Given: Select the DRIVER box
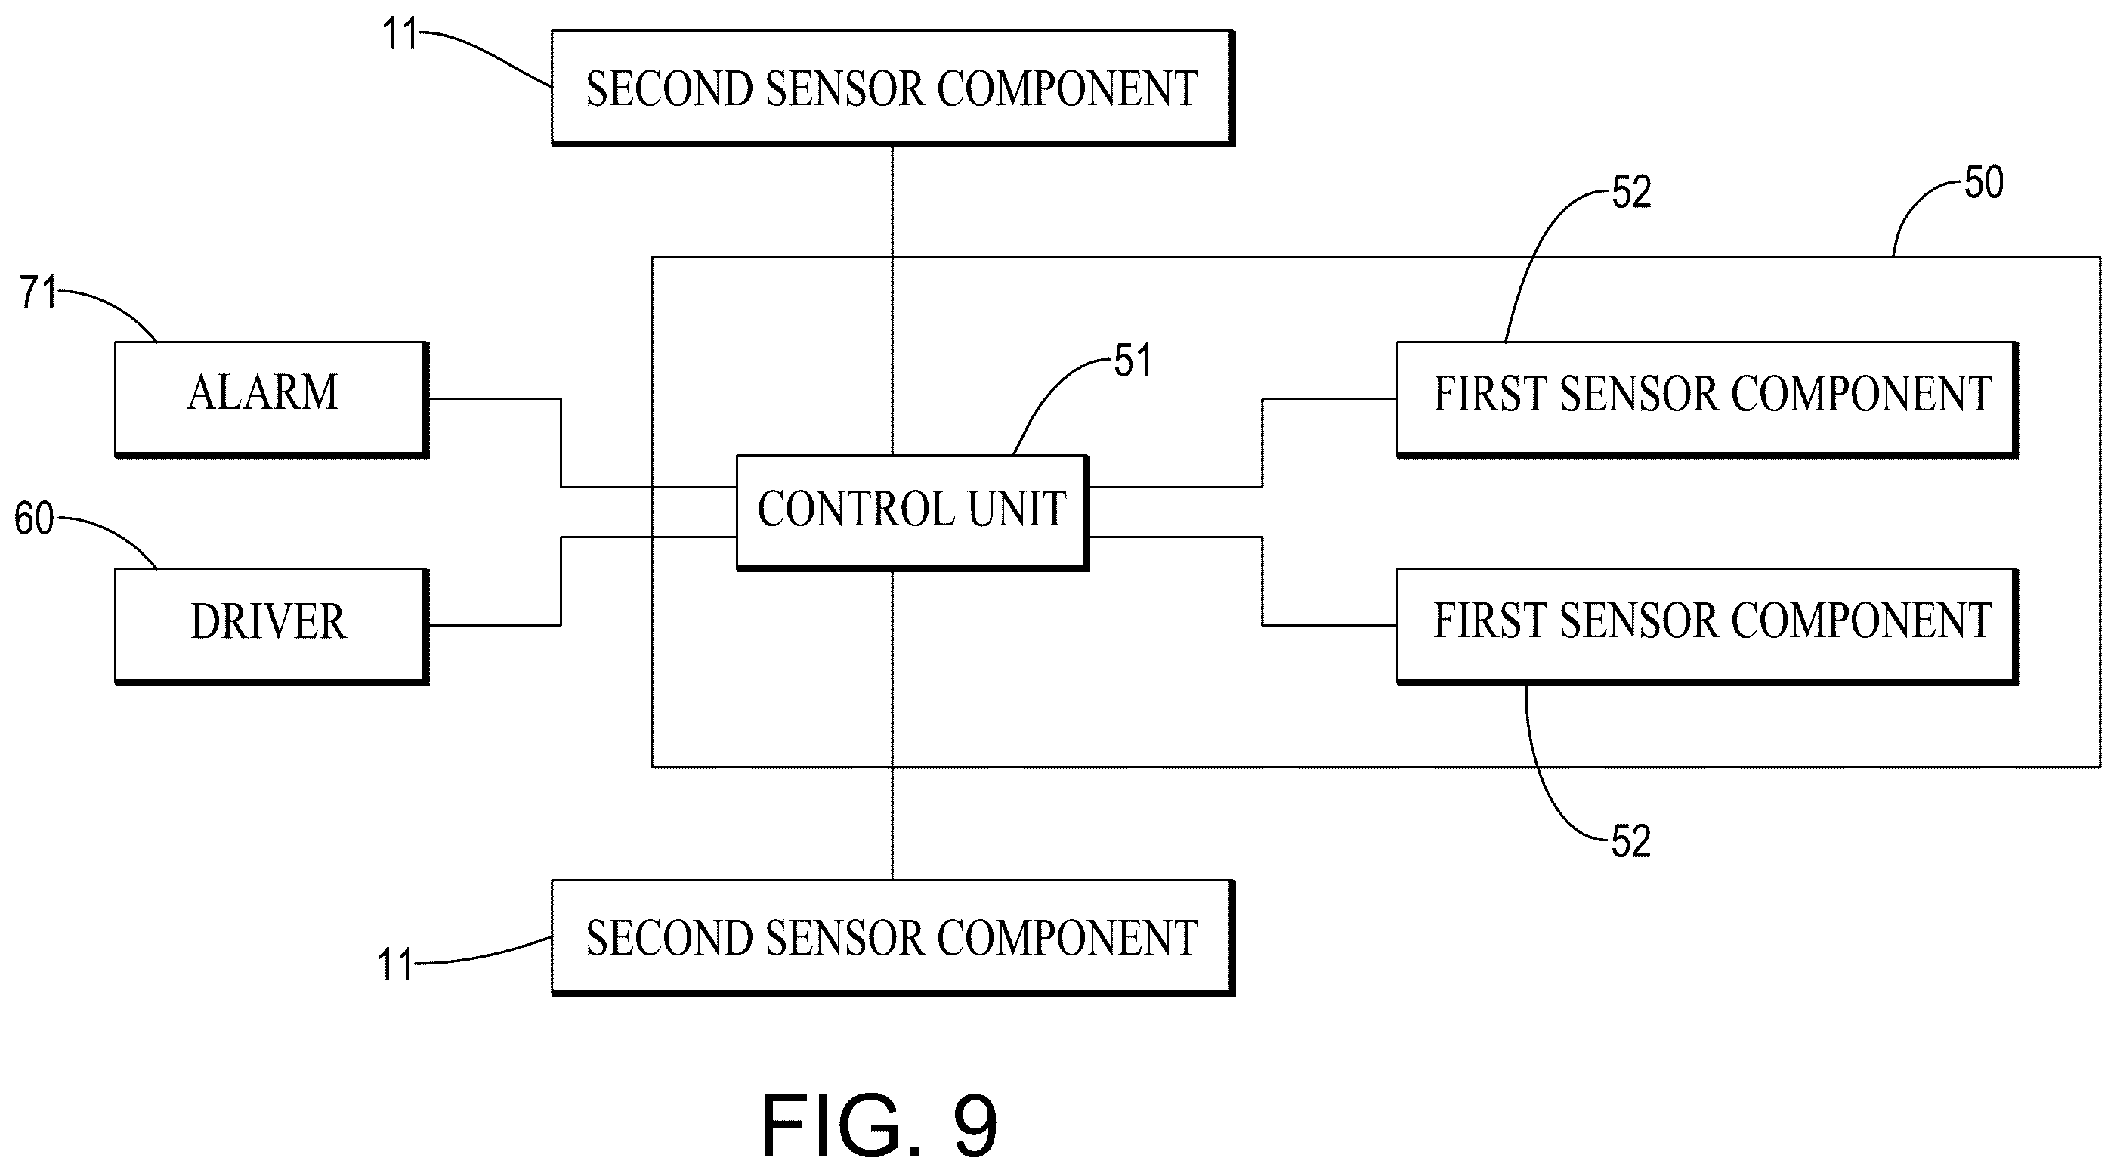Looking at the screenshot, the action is coord(271,626).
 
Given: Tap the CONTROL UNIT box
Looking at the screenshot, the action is coord(912,512).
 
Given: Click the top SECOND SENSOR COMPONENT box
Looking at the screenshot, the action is coord(892,88).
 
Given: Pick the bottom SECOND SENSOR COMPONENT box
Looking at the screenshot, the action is coord(892,937).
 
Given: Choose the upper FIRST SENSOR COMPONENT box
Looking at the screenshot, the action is coord(1708,398).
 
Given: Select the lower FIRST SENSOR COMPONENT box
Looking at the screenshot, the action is coord(1708,626).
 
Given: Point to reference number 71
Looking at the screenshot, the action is coord(39,292).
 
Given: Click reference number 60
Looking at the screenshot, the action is coord(35,519).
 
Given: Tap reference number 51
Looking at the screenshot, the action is coord(1133,361).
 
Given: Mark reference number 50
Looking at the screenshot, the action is coord(1984,182).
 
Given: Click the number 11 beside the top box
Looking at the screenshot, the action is coord(400,35).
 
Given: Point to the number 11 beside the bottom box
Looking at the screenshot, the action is coord(395,965).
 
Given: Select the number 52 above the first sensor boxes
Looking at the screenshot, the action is coord(1631,192).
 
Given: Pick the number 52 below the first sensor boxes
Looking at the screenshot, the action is coord(1631,842).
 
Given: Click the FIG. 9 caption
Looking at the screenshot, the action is coord(879,1125).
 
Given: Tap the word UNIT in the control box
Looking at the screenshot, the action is coord(1018,509).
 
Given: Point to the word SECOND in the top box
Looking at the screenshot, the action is coord(670,88).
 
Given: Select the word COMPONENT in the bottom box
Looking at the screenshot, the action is coord(1067,938).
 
